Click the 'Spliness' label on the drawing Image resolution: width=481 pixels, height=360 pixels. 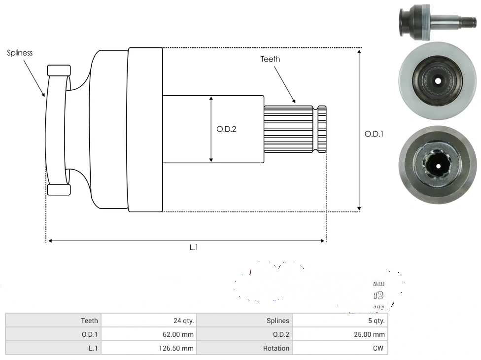(x=20, y=53)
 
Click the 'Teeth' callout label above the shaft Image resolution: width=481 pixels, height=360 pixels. (x=270, y=59)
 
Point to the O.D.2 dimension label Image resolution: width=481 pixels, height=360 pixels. (x=226, y=129)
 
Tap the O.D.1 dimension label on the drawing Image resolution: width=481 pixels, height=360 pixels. (x=374, y=134)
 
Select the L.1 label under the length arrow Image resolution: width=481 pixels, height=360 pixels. (x=194, y=248)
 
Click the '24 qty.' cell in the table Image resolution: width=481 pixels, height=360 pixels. (x=148, y=321)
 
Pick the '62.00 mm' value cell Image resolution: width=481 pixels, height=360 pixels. (x=148, y=334)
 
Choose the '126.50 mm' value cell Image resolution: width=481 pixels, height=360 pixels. (x=148, y=348)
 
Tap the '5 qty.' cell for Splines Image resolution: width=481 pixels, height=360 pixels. (x=340, y=321)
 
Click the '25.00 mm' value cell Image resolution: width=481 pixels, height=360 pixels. (x=340, y=334)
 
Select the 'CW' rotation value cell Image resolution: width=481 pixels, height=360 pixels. (x=340, y=348)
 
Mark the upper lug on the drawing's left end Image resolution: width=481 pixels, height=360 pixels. (x=59, y=70)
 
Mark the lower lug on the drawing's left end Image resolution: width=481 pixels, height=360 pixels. (x=59, y=190)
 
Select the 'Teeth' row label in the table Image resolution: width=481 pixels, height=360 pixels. (x=53, y=321)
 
